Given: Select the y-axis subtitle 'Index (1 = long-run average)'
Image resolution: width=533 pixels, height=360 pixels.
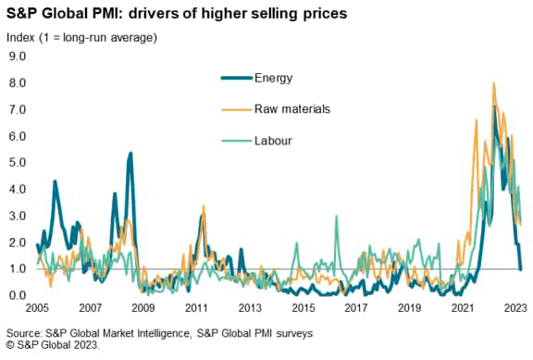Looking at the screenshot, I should point(81,37).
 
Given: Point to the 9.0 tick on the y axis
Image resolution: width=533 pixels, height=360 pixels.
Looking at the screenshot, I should point(17,56).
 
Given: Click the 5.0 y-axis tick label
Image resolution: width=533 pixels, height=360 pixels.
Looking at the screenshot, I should point(17,163).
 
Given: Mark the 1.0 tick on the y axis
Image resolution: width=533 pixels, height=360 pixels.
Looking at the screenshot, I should point(17,269).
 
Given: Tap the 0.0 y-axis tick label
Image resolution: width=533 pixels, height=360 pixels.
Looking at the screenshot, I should point(17,296).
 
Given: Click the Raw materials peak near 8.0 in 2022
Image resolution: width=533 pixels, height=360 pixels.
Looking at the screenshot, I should point(493,83).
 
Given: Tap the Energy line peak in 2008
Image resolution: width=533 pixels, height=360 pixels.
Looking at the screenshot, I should point(130,153).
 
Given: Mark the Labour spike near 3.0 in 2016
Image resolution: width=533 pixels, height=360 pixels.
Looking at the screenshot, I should point(336,217).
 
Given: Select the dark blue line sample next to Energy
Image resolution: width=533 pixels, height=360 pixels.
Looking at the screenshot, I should point(238,78).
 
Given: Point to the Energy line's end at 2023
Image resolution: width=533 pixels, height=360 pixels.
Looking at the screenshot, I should point(520,268).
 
